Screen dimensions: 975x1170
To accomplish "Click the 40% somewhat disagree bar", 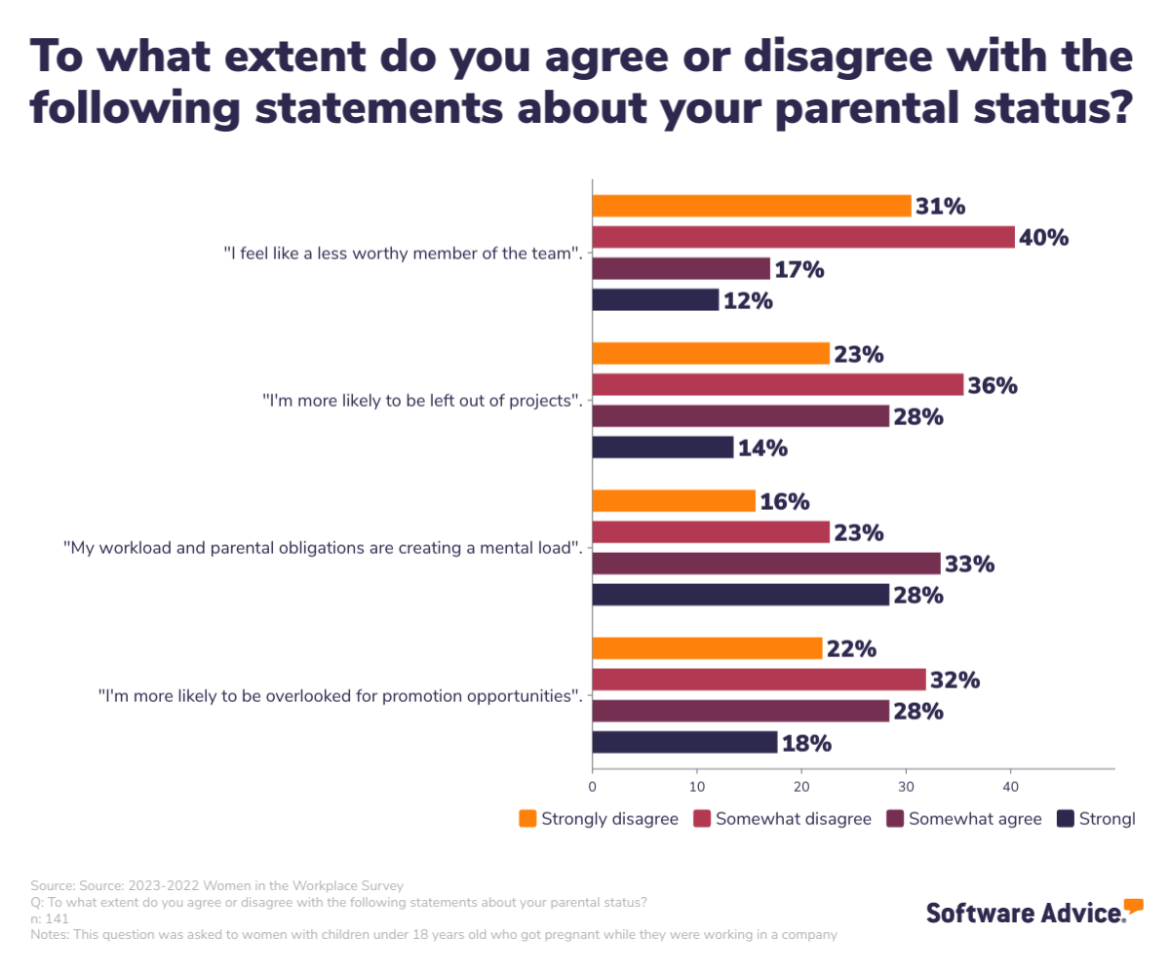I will click(803, 237).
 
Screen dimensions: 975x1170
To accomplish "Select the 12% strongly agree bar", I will click(655, 300).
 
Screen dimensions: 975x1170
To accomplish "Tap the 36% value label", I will click(993, 385).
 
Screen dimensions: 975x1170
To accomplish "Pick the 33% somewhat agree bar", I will click(766, 564).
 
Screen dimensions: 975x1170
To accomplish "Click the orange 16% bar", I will click(674, 501).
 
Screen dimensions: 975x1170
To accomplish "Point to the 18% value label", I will click(806, 744).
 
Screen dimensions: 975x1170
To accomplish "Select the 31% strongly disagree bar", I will click(752, 206).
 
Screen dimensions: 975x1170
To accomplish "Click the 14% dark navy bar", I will click(663, 448).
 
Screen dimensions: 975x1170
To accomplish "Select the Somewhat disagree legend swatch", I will click(701, 819).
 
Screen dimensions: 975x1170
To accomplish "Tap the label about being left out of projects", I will click(422, 401).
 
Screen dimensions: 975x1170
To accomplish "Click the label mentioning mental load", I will click(323, 548).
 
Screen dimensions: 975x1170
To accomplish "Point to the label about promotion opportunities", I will click(340, 695).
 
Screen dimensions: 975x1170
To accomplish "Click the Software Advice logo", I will click(1033, 912).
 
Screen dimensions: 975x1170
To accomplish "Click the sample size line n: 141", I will click(50, 918).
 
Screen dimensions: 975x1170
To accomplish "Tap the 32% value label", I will click(955, 681).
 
